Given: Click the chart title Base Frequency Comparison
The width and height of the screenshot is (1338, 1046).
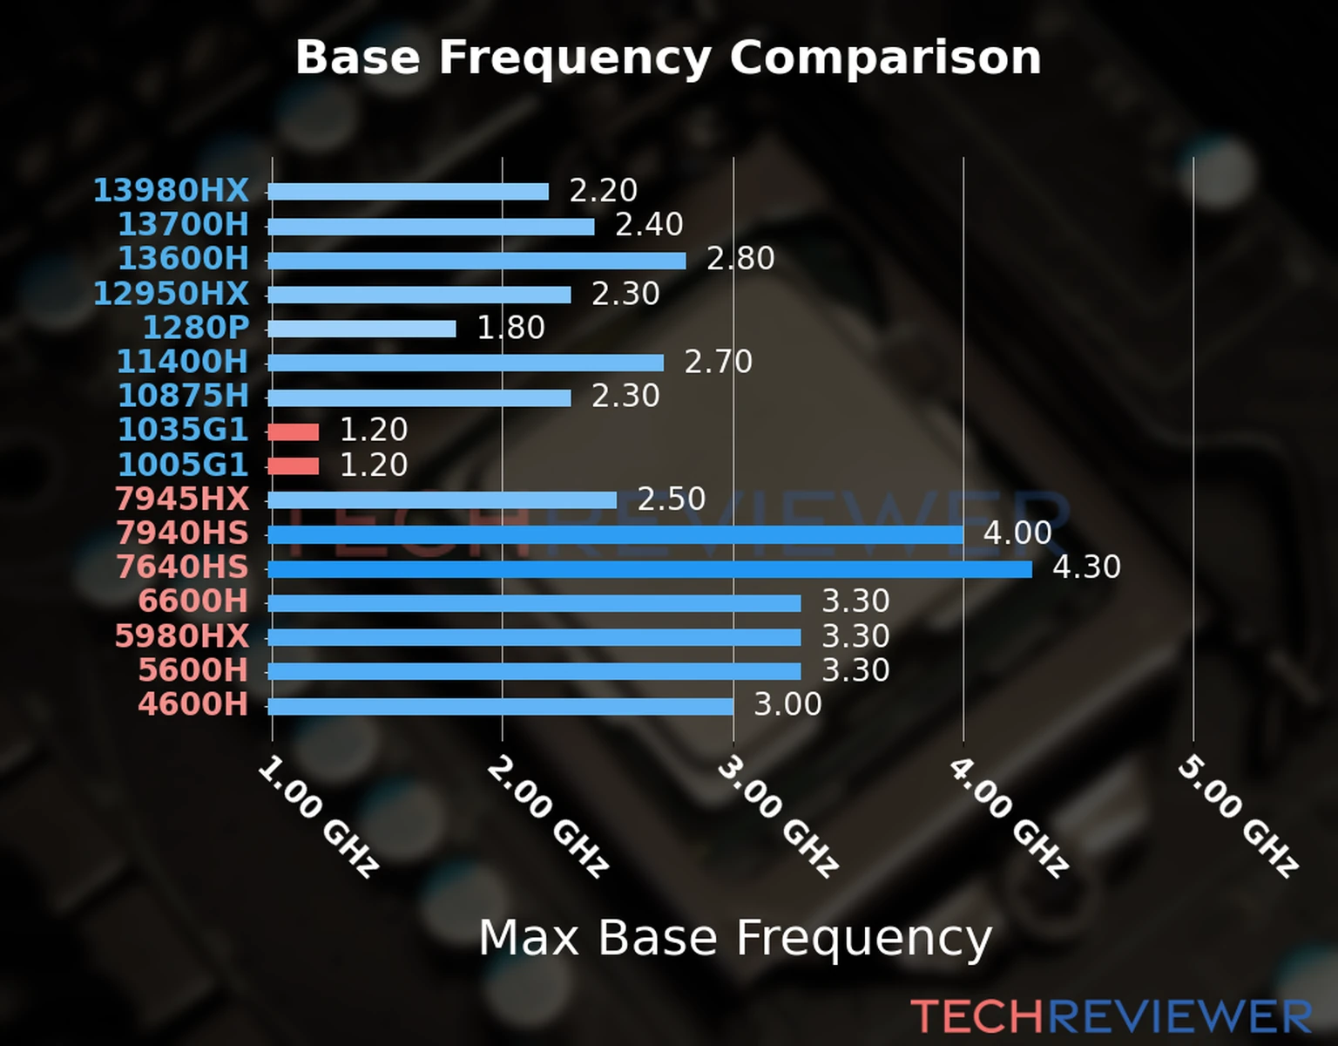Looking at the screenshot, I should click(x=668, y=58).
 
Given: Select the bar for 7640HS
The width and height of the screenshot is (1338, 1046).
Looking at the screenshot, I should click(x=649, y=569).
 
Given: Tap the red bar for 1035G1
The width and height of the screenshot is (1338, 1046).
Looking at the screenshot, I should click(x=294, y=431).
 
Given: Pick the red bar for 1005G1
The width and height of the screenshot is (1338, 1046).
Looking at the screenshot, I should click(x=294, y=465).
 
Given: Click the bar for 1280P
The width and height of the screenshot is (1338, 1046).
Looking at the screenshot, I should click(x=362, y=329).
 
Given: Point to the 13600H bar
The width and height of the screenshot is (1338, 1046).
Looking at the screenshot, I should click(x=476, y=261).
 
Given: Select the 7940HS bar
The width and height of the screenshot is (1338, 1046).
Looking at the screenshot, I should click(x=615, y=534).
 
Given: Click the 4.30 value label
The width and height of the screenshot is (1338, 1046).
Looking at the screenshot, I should click(x=1086, y=567).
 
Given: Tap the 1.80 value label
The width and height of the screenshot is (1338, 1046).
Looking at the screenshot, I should click(x=510, y=328).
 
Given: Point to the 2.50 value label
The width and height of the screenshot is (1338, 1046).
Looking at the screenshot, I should click(x=671, y=499).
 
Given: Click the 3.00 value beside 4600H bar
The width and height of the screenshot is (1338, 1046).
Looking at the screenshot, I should click(x=787, y=704).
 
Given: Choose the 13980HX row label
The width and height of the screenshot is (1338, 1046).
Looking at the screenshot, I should click(x=171, y=190).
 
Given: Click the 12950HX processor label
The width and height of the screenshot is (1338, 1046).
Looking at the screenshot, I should click(x=171, y=294).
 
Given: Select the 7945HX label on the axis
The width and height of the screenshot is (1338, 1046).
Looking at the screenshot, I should click(x=181, y=499).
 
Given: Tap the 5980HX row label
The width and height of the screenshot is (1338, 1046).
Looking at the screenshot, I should click(x=181, y=636).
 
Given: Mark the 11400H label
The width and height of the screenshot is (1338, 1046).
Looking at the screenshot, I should click(x=183, y=362).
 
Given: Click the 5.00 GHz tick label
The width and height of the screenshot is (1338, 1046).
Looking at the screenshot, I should click(x=1238, y=816).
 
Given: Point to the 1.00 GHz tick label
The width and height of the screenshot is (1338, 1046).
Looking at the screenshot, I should click(x=318, y=816).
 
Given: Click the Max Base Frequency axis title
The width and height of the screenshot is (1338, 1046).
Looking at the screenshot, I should click(x=735, y=939).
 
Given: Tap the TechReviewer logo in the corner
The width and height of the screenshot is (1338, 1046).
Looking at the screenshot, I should click(x=1111, y=1016).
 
